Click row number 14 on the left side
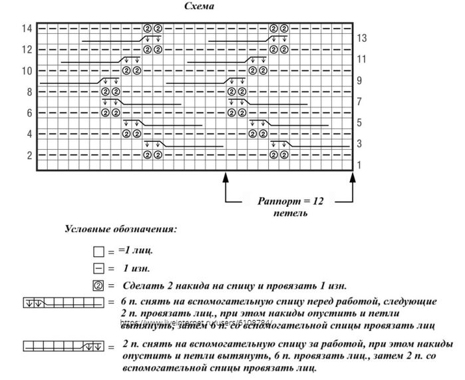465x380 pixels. coord(27,28)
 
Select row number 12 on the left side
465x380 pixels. coord(27,49)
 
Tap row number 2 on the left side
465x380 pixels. coord(29,156)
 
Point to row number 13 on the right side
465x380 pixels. coord(362,38)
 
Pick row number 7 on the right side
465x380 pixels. coord(359,102)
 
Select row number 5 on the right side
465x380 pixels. coord(359,123)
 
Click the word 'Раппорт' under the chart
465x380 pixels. coord(277,200)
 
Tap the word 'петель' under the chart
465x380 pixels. coord(290,214)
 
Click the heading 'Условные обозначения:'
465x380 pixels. coord(120,230)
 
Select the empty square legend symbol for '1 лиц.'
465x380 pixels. coord(98,253)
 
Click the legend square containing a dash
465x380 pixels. coord(98,270)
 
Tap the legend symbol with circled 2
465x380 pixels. coord(98,286)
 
